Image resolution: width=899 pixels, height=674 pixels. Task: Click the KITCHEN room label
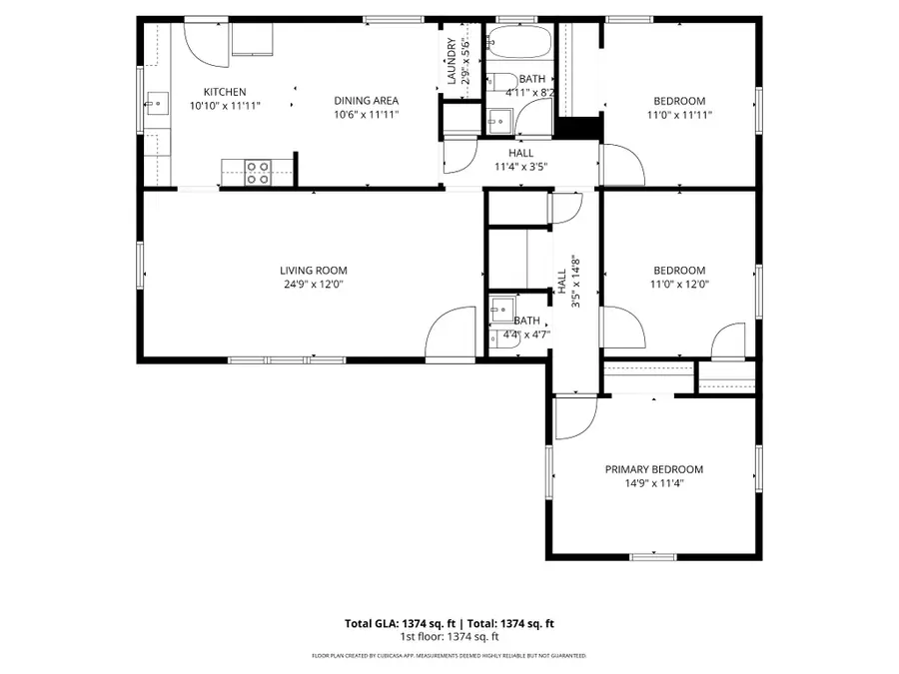pyautogui.click(x=225, y=92)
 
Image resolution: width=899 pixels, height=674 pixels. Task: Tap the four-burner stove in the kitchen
pyautogui.click(x=258, y=170)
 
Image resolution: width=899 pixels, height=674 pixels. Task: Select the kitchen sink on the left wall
pyautogui.click(x=155, y=102)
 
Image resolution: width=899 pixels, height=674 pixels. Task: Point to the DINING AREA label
pyautogui.click(x=366, y=100)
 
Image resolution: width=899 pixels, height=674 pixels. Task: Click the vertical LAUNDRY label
pyautogui.click(x=451, y=61)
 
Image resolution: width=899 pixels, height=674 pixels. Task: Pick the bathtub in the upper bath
pyautogui.click(x=516, y=43)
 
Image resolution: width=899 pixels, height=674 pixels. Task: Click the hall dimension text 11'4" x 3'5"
pyautogui.click(x=520, y=167)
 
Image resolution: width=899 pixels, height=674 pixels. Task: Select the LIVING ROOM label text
pyautogui.click(x=313, y=271)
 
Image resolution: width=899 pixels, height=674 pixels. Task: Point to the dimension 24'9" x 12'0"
pyautogui.click(x=313, y=285)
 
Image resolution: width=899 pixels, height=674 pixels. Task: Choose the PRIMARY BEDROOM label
pyautogui.click(x=653, y=469)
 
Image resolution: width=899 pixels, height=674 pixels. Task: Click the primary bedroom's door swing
pyautogui.click(x=574, y=419)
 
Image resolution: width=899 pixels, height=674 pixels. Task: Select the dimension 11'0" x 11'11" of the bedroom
pyautogui.click(x=679, y=115)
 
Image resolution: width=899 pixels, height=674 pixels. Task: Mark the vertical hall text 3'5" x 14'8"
pyautogui.click(x=575, y=284)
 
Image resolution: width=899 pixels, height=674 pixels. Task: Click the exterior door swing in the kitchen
pyautogui.click(x=205, y=40)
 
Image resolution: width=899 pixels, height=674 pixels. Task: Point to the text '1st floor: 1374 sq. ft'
pyautogui.click(x=449, y=636)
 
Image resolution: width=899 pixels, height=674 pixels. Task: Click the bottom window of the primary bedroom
pyautogui.click(x=653, y=556)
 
